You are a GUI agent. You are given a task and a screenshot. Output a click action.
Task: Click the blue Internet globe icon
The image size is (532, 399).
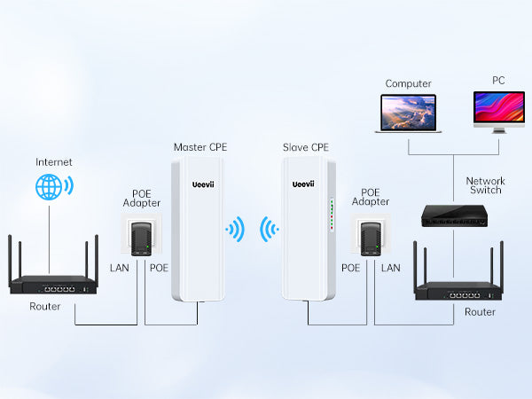coord(51,189)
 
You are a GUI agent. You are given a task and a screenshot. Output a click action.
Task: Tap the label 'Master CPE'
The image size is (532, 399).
coord(199,146)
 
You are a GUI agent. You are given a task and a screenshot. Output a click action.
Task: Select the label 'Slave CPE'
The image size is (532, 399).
coord(305,146)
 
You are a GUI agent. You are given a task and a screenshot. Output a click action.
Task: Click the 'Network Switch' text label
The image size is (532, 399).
coord(485,185)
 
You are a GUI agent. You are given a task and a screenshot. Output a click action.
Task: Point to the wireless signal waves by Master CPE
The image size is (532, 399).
coord(236,231)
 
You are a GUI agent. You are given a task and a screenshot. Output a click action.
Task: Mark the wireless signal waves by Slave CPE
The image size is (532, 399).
coord(270,231)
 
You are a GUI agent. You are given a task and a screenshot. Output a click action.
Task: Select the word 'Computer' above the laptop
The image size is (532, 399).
coord(408,83)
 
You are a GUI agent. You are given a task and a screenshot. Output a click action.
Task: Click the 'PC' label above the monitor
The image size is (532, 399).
coord(498,80)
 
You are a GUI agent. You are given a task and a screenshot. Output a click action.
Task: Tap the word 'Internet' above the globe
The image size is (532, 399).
coord(53,162)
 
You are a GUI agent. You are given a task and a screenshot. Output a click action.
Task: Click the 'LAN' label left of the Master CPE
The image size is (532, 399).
coord(119,267)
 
